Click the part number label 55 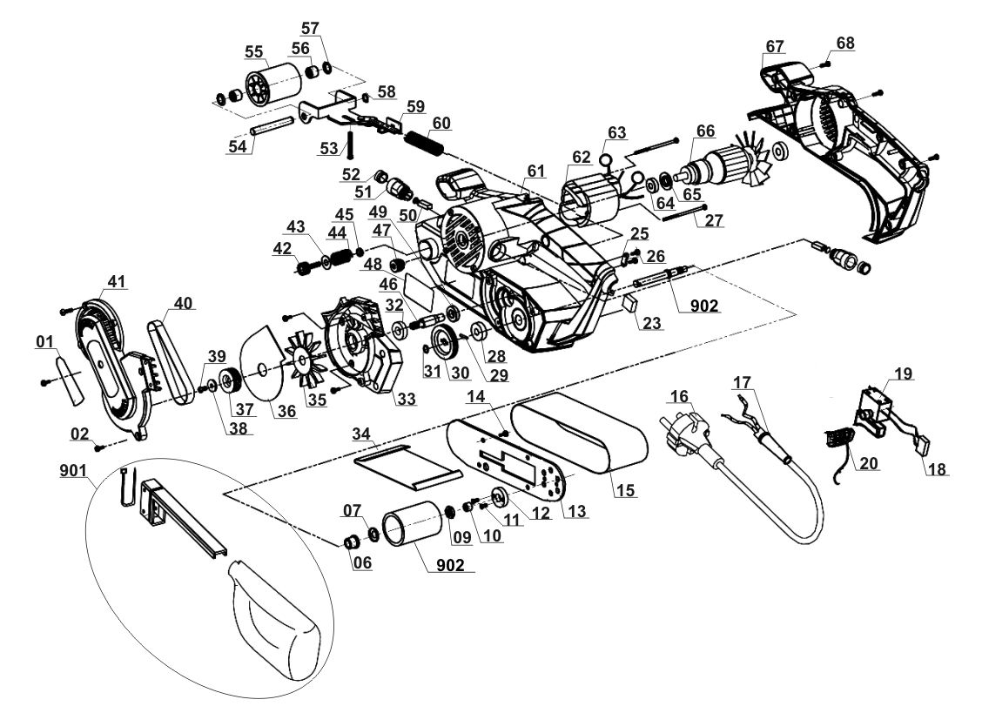pos(253,51)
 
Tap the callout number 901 pos(74,470)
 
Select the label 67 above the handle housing pos(775,46)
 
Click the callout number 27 pos(713,220)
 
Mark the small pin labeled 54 pos(271,124)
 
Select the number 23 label pos(652,323)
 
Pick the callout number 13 pos(576,511)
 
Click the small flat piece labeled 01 pos(69,380)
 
